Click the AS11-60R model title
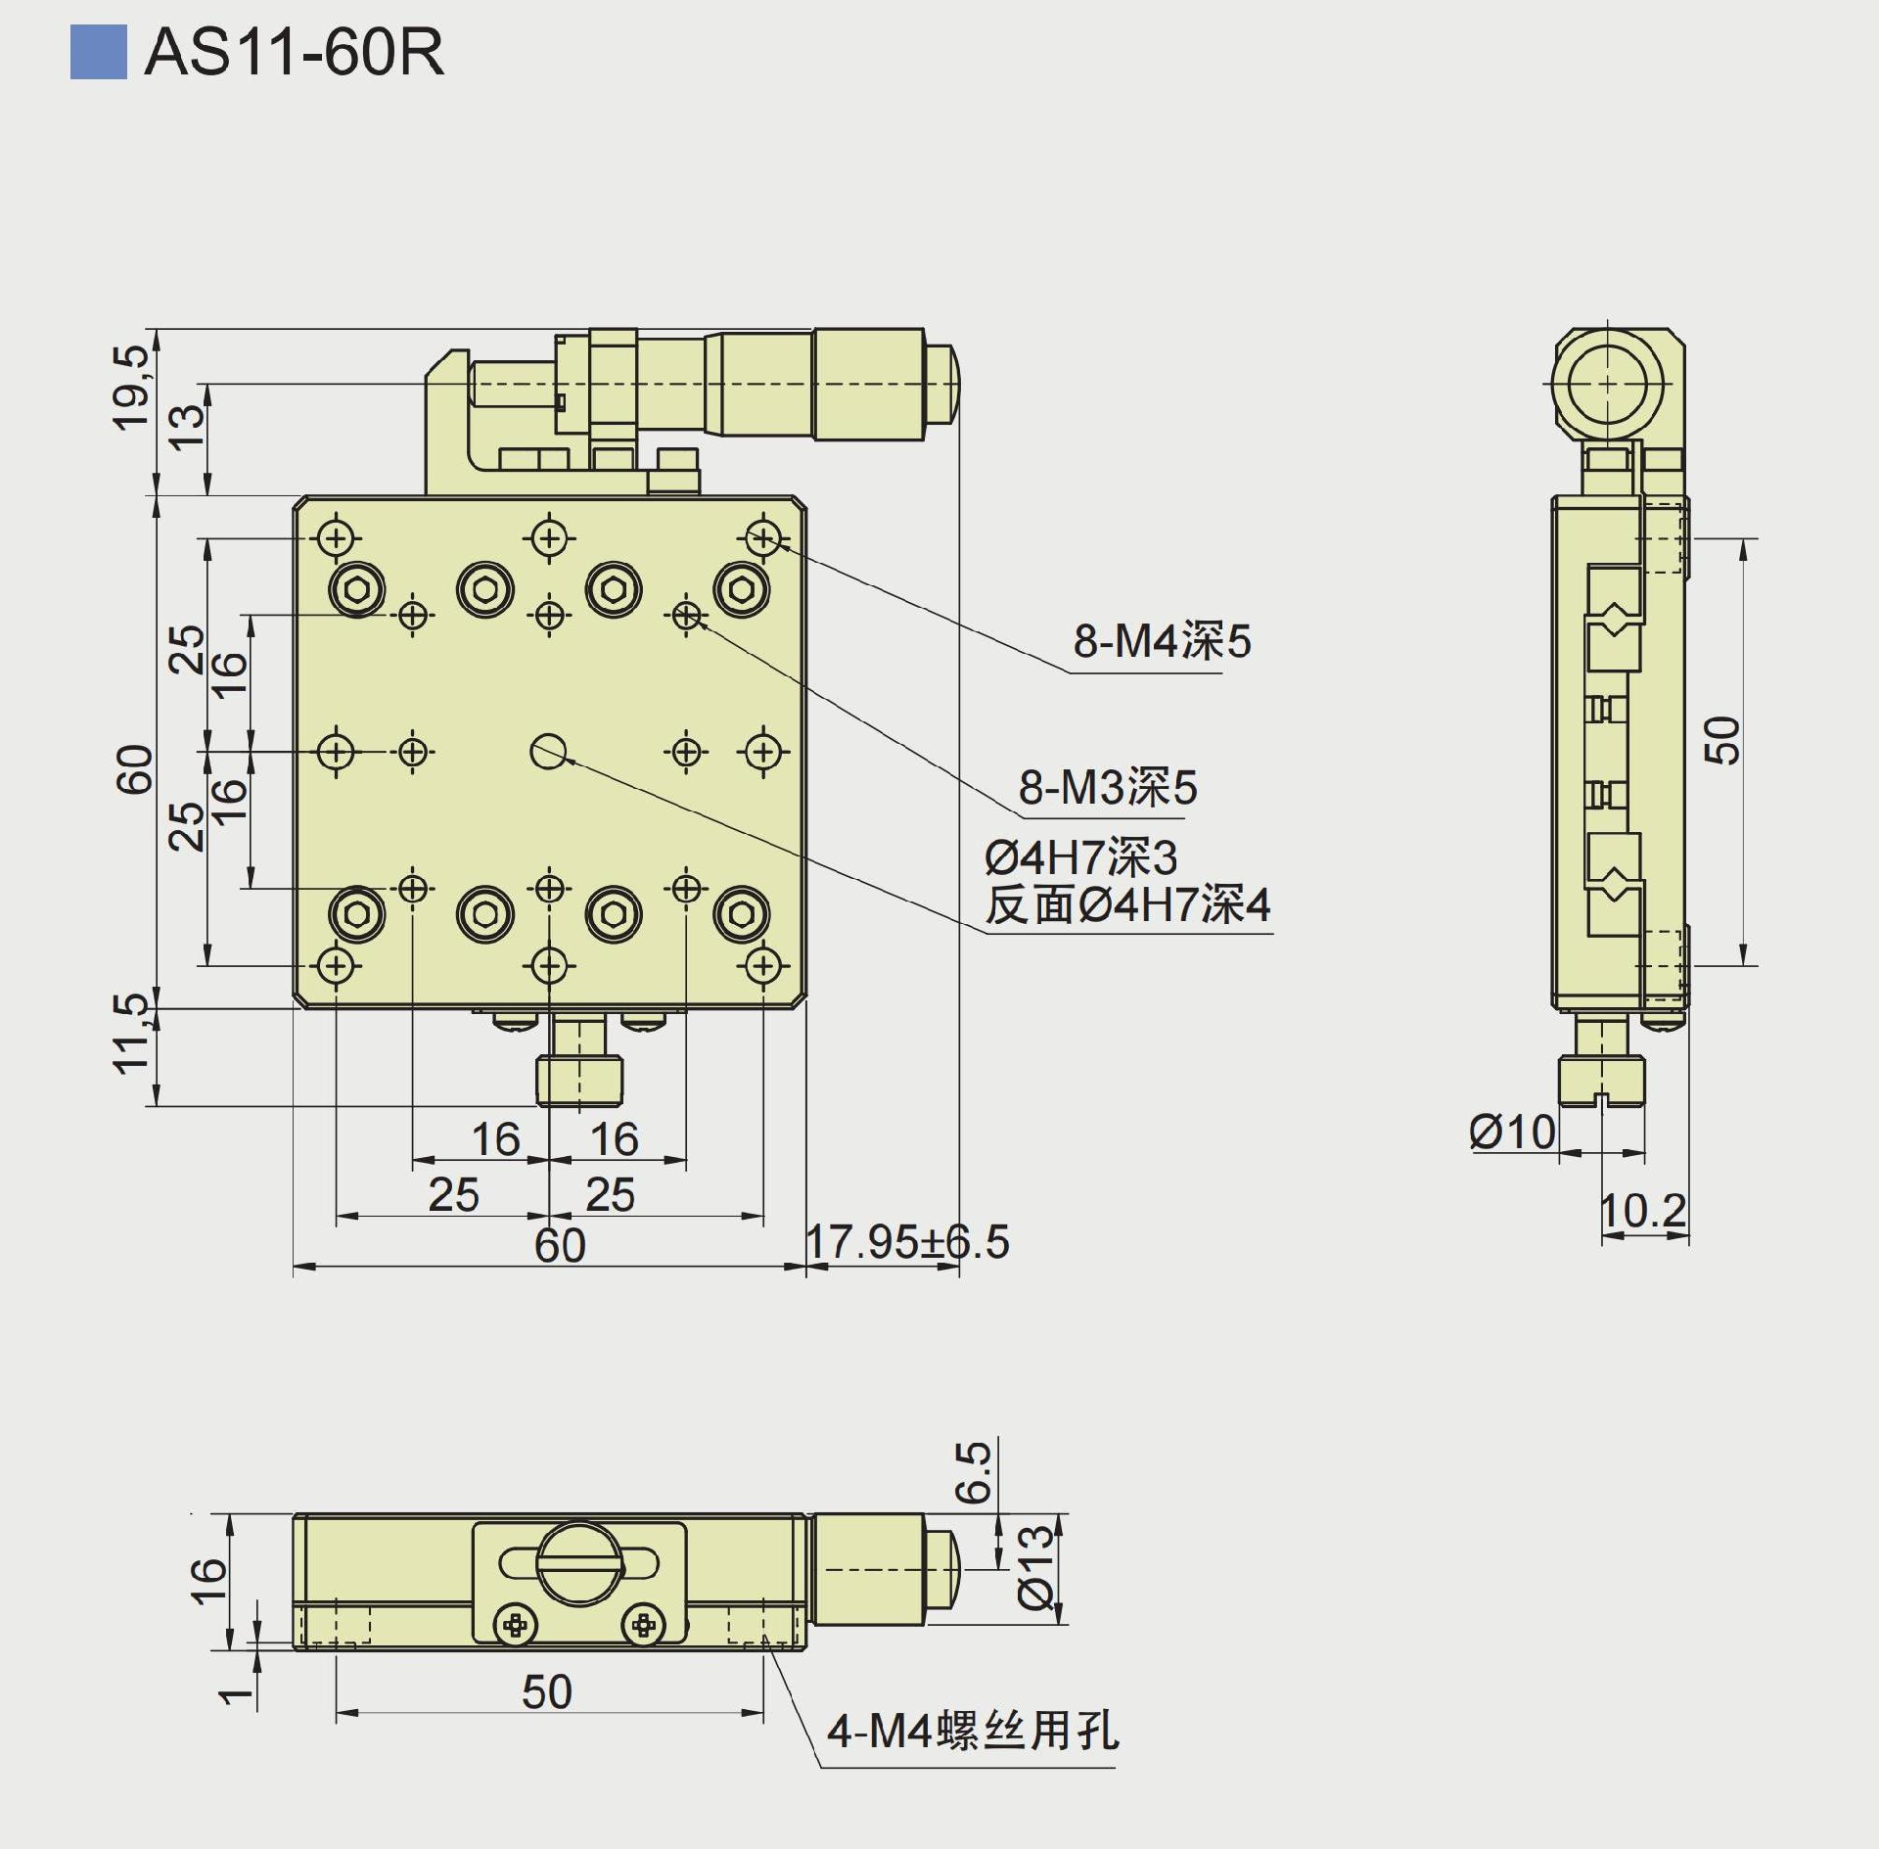[x=294, y=52]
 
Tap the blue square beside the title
[x=98, y=52]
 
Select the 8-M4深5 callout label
[x=1162, y=642]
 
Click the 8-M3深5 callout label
[x=1107, y=787]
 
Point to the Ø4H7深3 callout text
[x=1080, y=858]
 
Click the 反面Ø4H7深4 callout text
[x=1127, y=904]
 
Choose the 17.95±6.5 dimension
[x=906, y=1242]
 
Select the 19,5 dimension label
[x=131, y=388]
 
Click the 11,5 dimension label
[x=131, y=1034]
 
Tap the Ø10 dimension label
[x=1512, y=1133]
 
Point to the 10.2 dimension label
[x=1643, y=1211]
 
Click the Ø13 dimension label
[x=1036, y=1567]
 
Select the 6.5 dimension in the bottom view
[x=974, y=1472]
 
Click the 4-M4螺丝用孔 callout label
[x=972, y=1732]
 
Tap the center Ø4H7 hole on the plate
[x=549, y=752]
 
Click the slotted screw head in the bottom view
[x=579, y=1563]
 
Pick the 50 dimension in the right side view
[x=1723, y=740]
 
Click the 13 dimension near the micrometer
[x=188, y=428]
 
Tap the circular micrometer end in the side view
[x=1607, y=385]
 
